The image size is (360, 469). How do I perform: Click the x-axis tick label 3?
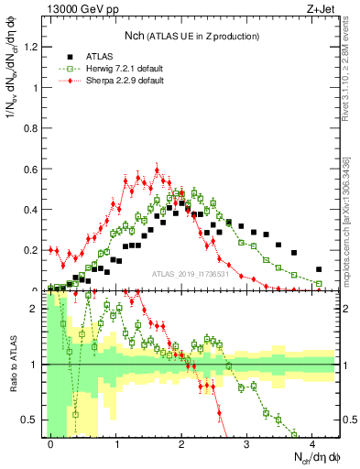[247, 443]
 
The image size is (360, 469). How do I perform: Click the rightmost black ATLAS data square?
[319, 269]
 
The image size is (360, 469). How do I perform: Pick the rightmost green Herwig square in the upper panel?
[319, 284]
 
